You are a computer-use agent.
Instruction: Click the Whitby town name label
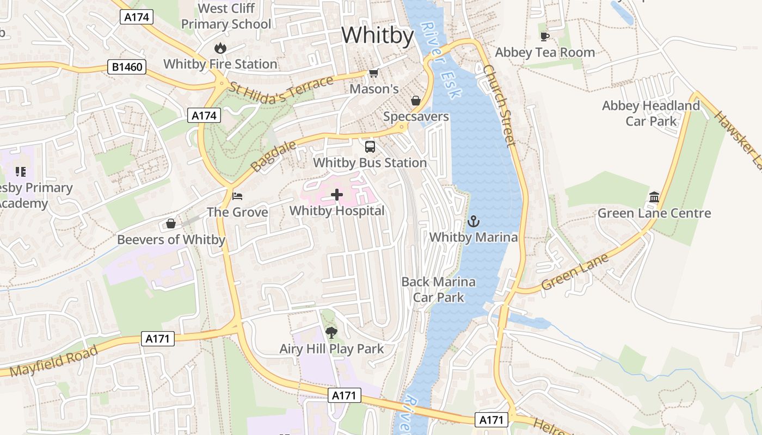(x=377, y=35)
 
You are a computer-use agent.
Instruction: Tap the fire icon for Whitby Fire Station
(x=220, y=48)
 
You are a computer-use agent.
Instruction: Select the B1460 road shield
(x=127, y=67)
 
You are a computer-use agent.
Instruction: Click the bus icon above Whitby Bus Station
(x=370, y=146)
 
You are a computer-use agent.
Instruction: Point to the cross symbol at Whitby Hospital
(x=337, y=195)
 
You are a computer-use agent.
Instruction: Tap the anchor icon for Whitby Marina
(x=474, y=221)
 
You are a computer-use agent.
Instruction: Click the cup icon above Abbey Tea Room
(x=544, y=36)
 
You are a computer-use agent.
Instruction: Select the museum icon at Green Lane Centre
(x=654, y=197)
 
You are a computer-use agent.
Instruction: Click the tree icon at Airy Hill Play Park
(x=331, y=333)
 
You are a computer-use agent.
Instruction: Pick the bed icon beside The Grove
(x=237, y=196)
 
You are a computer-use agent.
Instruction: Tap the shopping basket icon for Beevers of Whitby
(x=171, y=223)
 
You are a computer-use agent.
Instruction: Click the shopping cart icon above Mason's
(x=373, y=73)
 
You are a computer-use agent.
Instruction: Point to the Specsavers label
(x=416, y=116)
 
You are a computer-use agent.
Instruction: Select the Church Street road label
(x=499, y=106)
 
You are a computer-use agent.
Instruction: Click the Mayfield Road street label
(x=53, y=361)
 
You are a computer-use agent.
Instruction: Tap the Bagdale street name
(x=273, y=156)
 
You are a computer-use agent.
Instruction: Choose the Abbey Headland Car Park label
(x=651, y=113)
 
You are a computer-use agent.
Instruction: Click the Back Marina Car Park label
(x=438, y=289)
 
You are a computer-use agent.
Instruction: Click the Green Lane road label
(x=575, y=273)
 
